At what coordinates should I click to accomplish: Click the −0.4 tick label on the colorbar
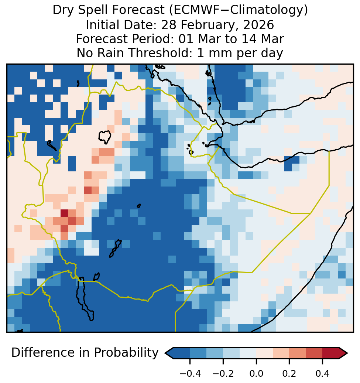pyautogui.click(x=190, y=374)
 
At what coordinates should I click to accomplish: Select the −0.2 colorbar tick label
pyautogui.click(x=223, y=374)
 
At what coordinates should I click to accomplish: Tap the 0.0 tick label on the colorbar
pyautogui.click(x=256, y=374)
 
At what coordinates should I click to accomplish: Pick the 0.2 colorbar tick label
pyautogui.click(x=289, y=374)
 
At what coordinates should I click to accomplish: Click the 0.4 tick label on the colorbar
pyautogui.click(x=322, y=374)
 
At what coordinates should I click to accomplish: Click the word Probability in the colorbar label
pyautogui.click(x=126, y=353)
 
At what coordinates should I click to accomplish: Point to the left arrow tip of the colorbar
pyautogui.click(x=165, y=353)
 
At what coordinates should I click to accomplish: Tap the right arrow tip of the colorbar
pyautogui.click(x=347, y=353)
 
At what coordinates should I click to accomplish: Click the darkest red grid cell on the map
pyautogui.click(x=64, y=213)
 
